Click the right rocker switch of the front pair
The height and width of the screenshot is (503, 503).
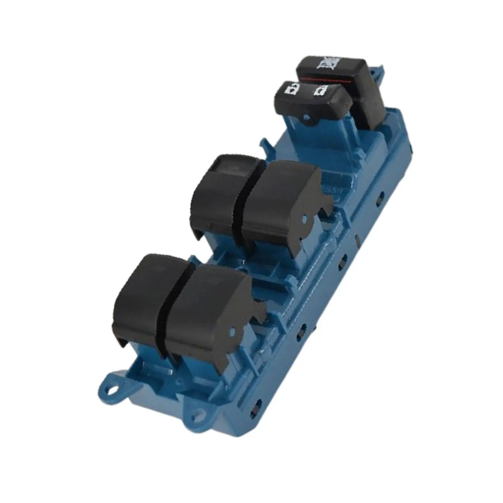point(204,302)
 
